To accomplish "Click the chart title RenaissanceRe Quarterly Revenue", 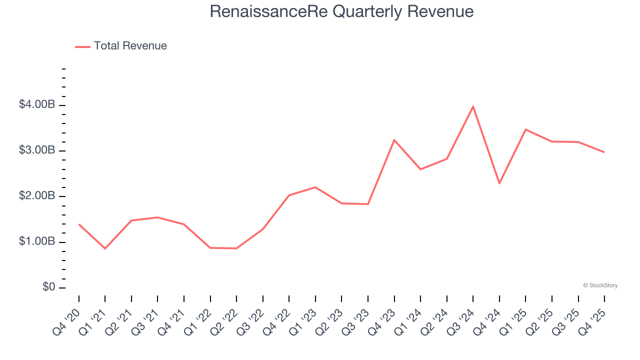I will pos(341,11).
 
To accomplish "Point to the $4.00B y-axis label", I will pos(36,105).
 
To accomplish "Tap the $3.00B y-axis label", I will pos(36,150).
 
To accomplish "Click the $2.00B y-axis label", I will pos(36,196).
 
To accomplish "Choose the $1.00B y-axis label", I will pos(36,242).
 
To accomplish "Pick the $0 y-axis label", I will pos(48,287).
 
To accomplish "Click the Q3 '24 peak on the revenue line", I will pos(473,106).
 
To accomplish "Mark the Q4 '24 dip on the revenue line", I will pos(499,183).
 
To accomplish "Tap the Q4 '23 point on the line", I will pos(394,140).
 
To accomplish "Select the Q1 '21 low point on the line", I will pos(105,248).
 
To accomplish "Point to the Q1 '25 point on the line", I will pos(525,129).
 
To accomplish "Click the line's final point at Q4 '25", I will pos(604,152).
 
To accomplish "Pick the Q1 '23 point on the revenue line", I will pos(315,187).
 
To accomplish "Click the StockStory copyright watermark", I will pos(600,285).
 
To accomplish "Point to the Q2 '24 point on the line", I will pos(446,159).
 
